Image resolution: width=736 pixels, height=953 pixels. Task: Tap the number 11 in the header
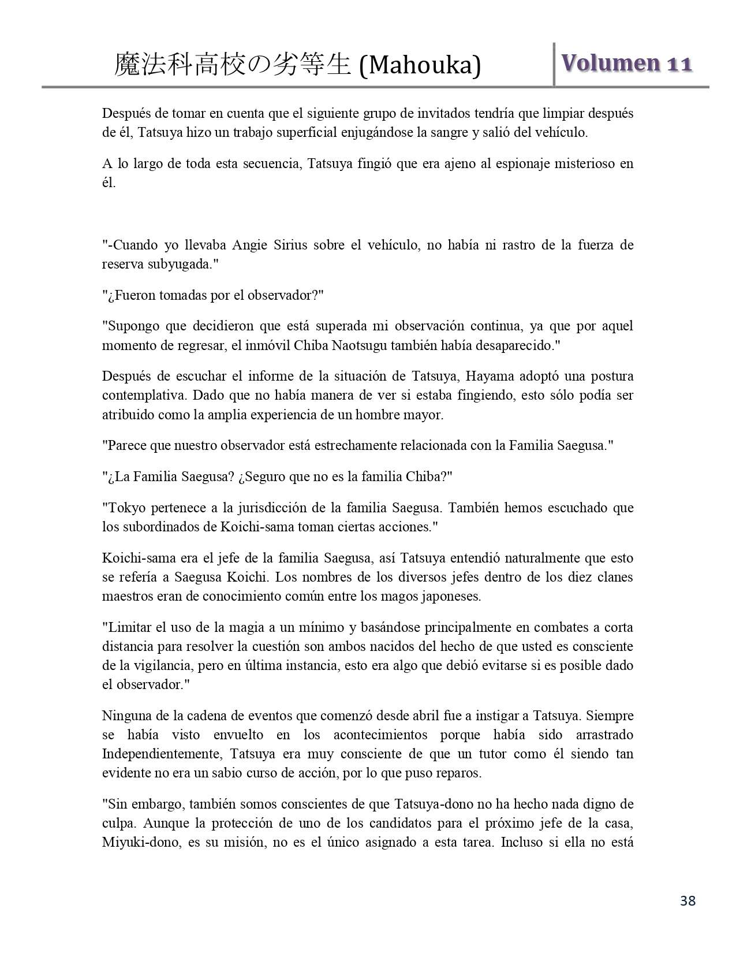pos(679,64)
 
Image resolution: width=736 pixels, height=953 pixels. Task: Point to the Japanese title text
pos(233,65)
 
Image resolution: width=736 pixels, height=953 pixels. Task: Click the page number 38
pos(688,900)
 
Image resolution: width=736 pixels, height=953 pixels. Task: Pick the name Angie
pos(249,245)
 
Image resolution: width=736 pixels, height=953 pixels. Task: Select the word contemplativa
pos(145,396)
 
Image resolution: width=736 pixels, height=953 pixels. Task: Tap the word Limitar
pos(126,627)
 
